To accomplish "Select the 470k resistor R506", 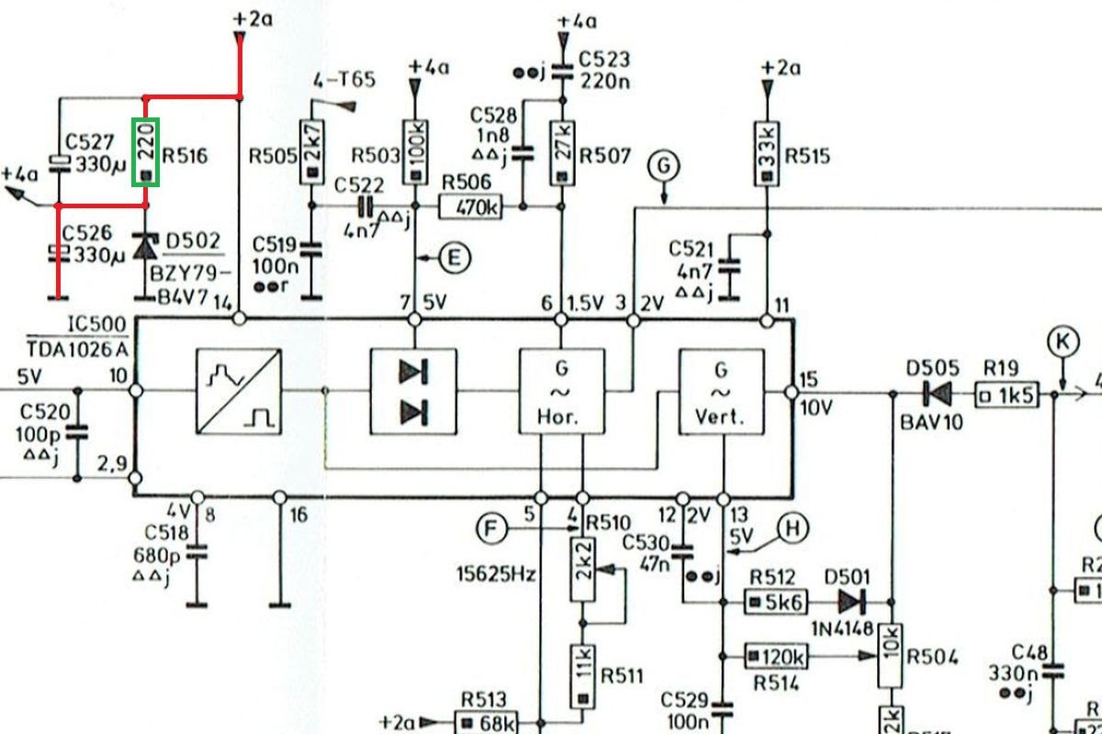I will click(471, 207).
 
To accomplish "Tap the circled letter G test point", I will click(663, 167).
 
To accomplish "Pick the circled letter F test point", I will click(492, 528).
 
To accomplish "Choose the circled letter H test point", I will click(794, 528).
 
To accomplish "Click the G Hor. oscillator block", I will click(561, 392).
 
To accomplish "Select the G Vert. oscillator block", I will click(721, 392).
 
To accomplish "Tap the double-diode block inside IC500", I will click(413, 392).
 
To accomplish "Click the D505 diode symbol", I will click(938, 395).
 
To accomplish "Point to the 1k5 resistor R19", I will click(1006, 395).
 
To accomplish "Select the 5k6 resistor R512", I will click(776, 603).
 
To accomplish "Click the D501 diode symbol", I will click(851, 602).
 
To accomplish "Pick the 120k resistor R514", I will click(777, 656).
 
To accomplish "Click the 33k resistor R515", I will click(767, 150).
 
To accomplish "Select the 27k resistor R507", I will click(561, 150).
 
